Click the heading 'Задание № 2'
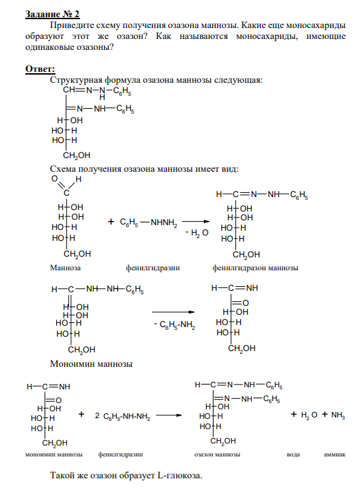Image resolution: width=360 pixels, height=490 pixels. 52,14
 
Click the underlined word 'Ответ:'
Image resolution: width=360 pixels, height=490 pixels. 40,68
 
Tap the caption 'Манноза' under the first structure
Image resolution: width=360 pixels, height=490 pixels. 65,268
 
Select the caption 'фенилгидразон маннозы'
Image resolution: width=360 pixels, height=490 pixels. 255,268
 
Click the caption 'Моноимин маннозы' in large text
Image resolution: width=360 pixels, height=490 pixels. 91,364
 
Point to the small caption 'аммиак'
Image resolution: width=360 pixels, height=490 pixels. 335,454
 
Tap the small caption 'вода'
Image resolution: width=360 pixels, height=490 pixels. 293,454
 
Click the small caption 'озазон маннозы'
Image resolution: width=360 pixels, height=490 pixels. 217,454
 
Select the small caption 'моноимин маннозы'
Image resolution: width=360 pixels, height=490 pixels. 54,454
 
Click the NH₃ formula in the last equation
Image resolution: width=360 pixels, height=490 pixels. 338,415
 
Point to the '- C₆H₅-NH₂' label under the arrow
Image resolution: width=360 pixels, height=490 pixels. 175,325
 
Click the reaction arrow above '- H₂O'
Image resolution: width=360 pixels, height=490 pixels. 196,222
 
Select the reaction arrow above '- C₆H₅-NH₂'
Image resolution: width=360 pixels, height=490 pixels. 173,312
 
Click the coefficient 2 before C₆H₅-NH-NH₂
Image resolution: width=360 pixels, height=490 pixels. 97,415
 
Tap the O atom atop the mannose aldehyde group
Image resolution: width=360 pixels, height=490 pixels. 54,179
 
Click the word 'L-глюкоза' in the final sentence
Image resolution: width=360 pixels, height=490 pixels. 180,476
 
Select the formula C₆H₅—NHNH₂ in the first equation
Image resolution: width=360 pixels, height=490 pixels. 149,223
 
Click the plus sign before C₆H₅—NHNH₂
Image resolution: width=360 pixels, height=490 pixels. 111,222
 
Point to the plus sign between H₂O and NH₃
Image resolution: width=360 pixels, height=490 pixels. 325,414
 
